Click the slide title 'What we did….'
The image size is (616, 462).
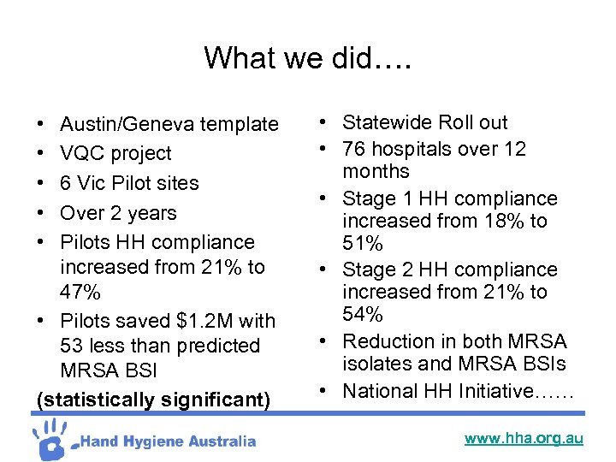pyautogui.click(x=307, y=58)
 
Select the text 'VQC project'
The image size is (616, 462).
pyautogui.click(x=115, y=154)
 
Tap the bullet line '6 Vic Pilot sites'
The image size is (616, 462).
pyautogui.click(x=129, y=183)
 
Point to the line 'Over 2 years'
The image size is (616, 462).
pyautogui.click(x=118, y=213)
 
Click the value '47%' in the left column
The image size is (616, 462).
pyautogui.click(x=80, y=293)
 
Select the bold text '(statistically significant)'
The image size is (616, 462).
pyautogui.click(x=153, y=400)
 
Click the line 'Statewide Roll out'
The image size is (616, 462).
pyautogui.click(x=425, y=123)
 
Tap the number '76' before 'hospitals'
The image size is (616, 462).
pyautogui.click(x=355, y=149)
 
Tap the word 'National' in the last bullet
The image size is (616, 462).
pyautogui.click(x=379, y=392)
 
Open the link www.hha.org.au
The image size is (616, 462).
pyautogui.click(x=524, y=438)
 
